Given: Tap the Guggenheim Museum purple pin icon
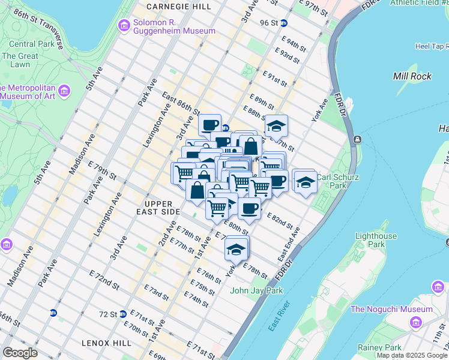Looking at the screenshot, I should pos(124,25).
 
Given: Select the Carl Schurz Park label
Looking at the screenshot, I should pos(339,181).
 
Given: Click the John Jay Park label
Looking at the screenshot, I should pos(256,291).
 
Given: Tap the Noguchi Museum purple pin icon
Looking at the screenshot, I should pos(415,323).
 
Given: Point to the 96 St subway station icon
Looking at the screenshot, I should pos(284,23).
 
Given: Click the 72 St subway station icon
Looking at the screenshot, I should pos(122,314).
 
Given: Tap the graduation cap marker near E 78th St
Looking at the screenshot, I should pos(237,248).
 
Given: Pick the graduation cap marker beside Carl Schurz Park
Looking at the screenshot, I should pos(305,181).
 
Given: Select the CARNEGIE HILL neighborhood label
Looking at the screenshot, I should pos(178,6).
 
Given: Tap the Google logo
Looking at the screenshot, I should pos(20,352).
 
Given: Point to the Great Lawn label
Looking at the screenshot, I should pos(20,60).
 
